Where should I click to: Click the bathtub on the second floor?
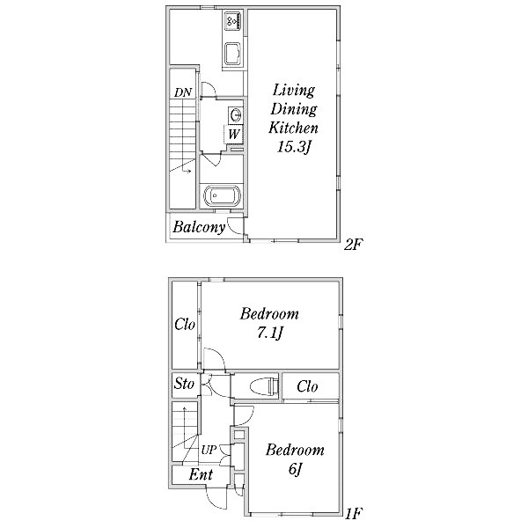click(x=223, y=196)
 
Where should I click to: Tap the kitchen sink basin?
click(x=232, y=54)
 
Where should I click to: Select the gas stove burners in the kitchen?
click(x=233, y=20)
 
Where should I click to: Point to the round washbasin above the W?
click(x=235, y=115)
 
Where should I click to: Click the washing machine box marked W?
click(x=234, y=135)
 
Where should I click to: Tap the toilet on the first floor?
click(x=265, y=386)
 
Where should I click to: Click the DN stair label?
click(x=183, y=92)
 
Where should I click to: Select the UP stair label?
click(x=209, y=450)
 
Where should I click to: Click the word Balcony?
click(x=199, y=227)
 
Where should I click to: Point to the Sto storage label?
click(x=184, y=384)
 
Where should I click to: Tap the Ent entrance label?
click(x=201, y=475)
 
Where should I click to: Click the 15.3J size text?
click(x=293, y=147)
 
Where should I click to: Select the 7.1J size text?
click(x=269, y=333)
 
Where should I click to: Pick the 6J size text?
click(x=295, y=469)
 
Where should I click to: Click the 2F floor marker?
click(x=352, y=245)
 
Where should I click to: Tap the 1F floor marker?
click(x=354, y=514)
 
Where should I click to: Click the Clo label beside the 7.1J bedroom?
click(x=185, y=325)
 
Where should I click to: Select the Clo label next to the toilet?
click(x=307, y=386)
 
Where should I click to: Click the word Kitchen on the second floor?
click(x=293, y=128)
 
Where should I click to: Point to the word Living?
click(x=294, y=91)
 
